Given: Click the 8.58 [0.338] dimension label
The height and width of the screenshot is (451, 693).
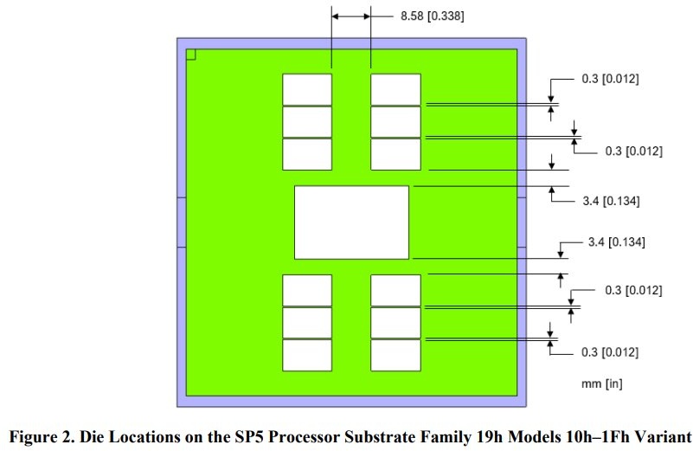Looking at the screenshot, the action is pos(433,16).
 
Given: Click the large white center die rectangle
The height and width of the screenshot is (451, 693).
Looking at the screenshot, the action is pos(352,222).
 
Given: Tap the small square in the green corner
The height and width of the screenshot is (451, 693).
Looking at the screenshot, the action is pos(191,55).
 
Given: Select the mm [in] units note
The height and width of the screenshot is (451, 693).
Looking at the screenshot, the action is pos(601,383).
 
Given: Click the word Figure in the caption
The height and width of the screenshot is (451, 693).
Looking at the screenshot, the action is pos(31,437).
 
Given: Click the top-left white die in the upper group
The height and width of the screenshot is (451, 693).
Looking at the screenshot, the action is pos(307,90).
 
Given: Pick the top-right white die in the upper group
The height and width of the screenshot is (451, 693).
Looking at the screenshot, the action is pos(396,90).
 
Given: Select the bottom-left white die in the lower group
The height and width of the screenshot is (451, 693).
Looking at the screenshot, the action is pos(307,355).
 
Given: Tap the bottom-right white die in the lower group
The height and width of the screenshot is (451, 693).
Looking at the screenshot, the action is pos(396,355).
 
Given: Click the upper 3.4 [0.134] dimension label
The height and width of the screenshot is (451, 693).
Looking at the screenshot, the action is pos(611,201).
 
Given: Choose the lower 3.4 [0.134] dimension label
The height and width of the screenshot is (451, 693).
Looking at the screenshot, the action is pos(616,242).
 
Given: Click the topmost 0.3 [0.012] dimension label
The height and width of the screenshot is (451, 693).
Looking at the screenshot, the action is pos(610,79).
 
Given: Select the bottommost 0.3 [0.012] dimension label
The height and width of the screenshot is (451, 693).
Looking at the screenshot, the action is pos(610,352).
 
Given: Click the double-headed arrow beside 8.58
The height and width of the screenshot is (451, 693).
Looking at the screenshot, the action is pos(351,16).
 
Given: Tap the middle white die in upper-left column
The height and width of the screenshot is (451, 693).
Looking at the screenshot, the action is pos(307,122).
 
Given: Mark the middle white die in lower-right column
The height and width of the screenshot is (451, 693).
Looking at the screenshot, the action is pos(396,323).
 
